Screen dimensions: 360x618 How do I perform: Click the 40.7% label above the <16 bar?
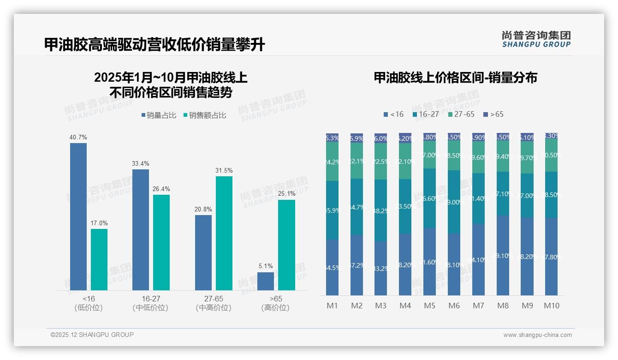tap(78, 137)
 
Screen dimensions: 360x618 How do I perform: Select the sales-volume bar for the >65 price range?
tap(266, 281)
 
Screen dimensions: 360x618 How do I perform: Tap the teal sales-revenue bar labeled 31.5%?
tap(224, 233)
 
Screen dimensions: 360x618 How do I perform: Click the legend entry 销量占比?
tap(159, 115)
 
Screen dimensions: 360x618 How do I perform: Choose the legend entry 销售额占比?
tap(205, 115)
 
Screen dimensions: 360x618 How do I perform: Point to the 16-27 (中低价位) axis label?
tap(150, 303)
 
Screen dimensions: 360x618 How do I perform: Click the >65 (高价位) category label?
tap(275, 303)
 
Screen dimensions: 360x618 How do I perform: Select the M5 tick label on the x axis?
tap(429, 306)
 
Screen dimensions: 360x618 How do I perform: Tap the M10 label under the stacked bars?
tap(551, 306)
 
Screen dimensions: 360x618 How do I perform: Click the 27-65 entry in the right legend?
tap(461, 114)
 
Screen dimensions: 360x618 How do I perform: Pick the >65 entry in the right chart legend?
tap(493, 114)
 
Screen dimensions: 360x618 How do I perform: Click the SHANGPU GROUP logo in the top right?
tap(536, 39)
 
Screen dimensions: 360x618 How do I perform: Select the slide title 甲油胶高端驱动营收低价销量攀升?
tap(154, 45)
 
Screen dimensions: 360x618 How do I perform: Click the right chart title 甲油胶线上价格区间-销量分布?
tap(455, 78)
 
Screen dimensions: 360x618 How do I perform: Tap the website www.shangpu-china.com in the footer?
tap(537, 335)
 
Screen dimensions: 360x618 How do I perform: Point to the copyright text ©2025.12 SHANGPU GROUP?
tap(92, 335)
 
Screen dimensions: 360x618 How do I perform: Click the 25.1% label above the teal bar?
tap(286, 194)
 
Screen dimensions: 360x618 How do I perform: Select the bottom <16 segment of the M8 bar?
tap(503, 255)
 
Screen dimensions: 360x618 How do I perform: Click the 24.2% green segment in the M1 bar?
tap(332, 162)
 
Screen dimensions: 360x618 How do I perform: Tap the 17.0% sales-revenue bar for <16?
tap(99, 259)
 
